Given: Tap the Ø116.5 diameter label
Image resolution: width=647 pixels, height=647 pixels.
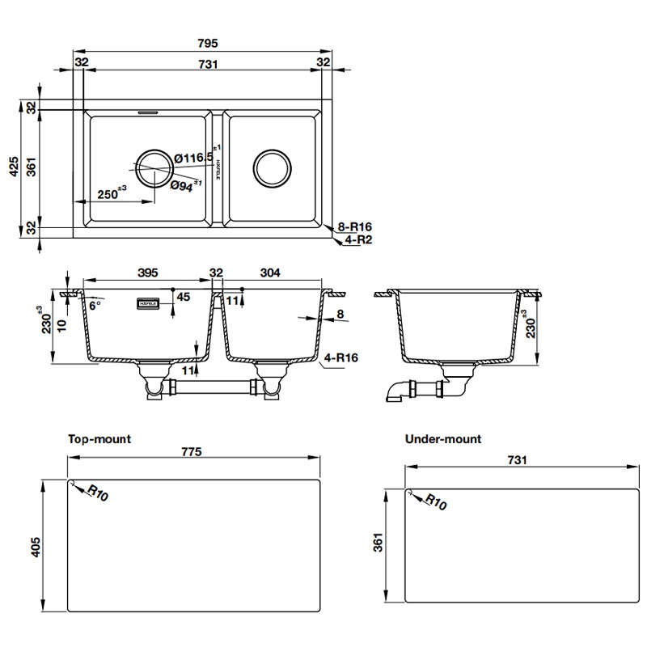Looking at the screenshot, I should click(x=193, y=157).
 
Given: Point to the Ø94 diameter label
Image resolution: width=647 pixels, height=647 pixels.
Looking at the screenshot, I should click(x=184, y=184).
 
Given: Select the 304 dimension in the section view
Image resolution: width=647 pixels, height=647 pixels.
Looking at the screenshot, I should click(x=270, y=273).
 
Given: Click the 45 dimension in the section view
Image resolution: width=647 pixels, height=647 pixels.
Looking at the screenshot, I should click(x=183, y=297).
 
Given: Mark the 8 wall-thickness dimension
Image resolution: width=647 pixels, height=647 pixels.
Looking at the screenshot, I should click(x=340, y=315).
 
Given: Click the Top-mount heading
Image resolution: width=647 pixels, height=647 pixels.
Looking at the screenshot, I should click(x=99, y=439).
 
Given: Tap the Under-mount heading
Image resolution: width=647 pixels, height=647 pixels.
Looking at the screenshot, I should click(x=442, y=439).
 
